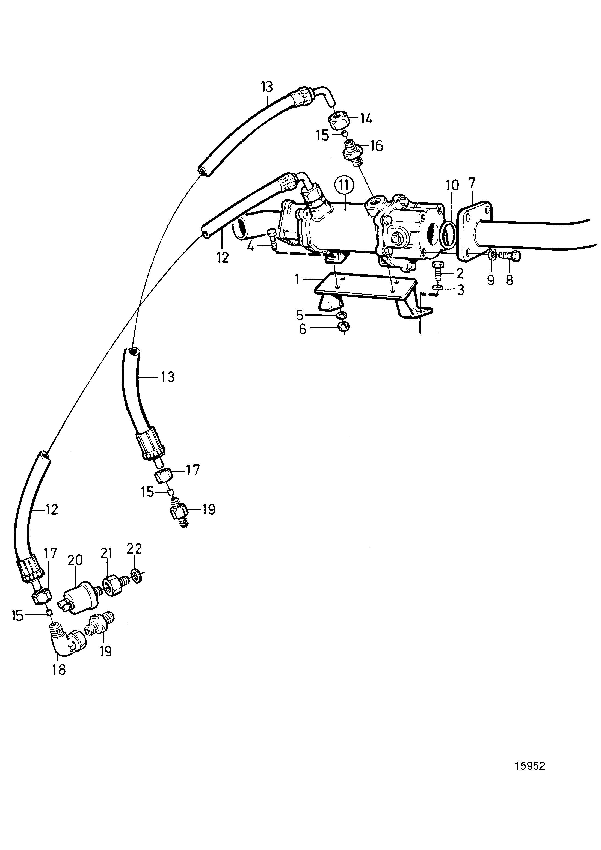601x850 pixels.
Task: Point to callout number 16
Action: click(x=376, y=146)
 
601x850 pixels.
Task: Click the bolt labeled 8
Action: click(x=510, y=255)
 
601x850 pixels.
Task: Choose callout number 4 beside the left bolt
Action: click(x=251, y=246)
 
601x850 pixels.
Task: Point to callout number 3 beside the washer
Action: click(x=460, y=290)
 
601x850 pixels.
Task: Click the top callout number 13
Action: click(x=266, y=87)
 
